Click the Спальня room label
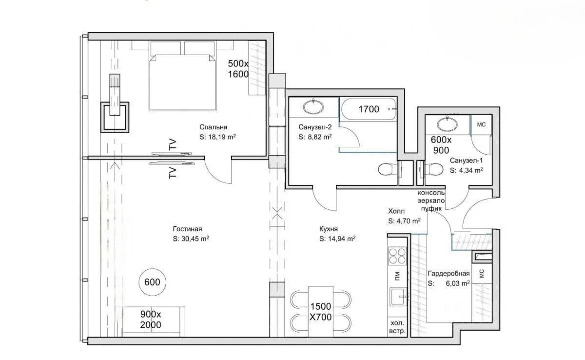coord(214,127)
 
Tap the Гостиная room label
coord(187,229)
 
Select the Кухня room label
coord(329,229)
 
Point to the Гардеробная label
coord(448,274)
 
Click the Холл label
coord(396,211)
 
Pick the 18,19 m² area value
coord(222,137)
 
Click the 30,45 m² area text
coord(195,239)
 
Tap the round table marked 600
coord(152,282)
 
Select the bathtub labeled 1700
coord(369,109)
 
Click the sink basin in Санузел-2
coord(313,107)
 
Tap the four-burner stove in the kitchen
coord(397,256)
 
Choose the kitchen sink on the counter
coord(398,297)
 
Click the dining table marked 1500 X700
coord(320,311)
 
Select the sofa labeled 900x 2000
coord(154,322)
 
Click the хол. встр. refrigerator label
coord(397,326)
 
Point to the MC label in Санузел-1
coord(481,124)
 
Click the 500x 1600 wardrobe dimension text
coord(238,69)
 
